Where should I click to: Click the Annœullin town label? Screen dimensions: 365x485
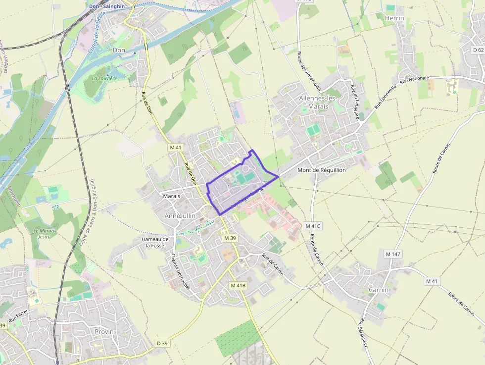coord(180,216)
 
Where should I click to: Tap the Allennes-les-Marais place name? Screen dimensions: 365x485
coord(318,103)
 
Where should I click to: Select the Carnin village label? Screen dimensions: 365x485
coord(379,290)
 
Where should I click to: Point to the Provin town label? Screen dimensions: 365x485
coord(104,331)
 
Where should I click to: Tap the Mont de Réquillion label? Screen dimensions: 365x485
coord(321,170)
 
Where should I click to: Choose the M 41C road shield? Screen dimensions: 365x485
coord(313,226)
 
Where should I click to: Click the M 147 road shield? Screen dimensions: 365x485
coord(393,254)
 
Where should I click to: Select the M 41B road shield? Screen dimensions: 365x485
coord(238,286)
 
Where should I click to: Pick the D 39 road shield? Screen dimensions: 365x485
coord(162,343)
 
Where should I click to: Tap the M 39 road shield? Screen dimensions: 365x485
coord(230,238)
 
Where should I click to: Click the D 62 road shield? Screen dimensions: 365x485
coord(478,50)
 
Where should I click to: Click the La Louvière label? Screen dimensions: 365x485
coord(104,78)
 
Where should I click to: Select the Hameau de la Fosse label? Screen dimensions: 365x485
coord(155,242)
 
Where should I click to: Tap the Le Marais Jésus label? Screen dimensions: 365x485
coord(45,233)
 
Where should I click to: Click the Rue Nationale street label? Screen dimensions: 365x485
coord(414,79)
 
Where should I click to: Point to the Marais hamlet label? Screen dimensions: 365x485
coord(171,196)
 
